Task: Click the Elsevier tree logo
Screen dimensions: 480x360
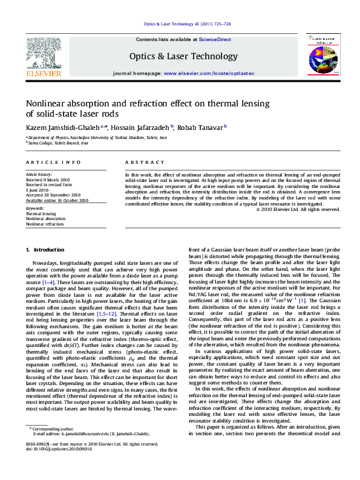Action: (43, 52)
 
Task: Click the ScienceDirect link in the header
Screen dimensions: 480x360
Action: (216, 39)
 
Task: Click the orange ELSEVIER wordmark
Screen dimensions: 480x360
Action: (43, 74)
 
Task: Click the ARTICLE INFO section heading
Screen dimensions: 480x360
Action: (53, 163)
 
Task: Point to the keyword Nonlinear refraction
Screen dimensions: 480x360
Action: (44, 224)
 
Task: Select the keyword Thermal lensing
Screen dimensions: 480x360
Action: (41, 214)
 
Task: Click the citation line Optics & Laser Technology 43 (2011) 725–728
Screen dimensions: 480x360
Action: (187, 24)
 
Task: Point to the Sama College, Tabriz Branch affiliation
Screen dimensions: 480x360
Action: (58, 143)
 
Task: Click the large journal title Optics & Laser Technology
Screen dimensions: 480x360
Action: (183, 56)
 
